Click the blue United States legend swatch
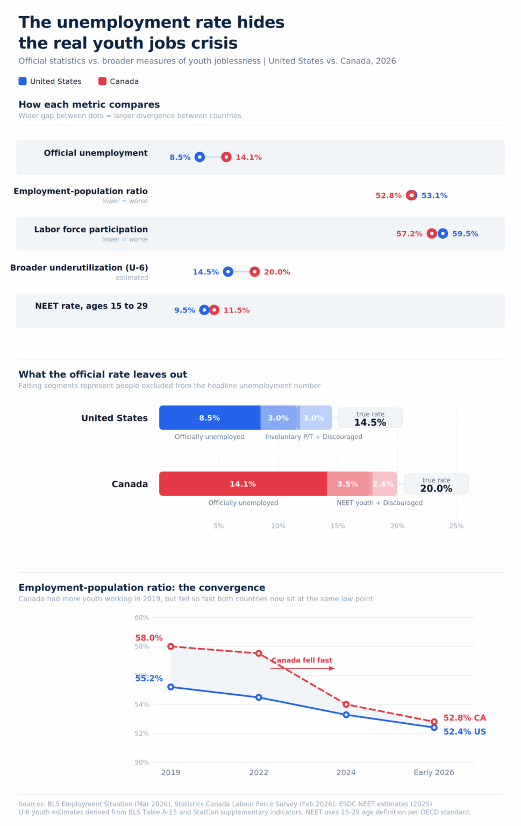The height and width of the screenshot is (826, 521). click(23, 81)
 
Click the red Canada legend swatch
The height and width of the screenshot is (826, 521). click(102, 81)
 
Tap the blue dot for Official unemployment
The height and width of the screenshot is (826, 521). click(199, 157)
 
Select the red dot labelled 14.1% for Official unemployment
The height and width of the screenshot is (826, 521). click(226, 157)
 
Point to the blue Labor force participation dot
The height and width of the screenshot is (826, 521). click(443, 233)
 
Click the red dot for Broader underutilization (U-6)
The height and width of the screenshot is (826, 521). click(255, 272)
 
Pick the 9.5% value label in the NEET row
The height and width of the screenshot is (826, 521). click(184, 310)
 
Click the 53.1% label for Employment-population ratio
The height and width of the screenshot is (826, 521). click(434, 195)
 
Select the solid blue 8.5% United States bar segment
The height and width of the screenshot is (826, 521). click(210, 418)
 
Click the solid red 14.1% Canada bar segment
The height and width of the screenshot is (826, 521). click(243, 484)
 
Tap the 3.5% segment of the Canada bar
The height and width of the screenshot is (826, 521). click(348, 484)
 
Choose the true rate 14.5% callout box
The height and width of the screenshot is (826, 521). click(370, 418)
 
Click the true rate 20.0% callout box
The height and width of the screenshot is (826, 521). click(436, 484)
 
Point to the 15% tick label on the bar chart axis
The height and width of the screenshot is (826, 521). click(338, 526)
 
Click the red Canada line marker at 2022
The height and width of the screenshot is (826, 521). click(259, 653)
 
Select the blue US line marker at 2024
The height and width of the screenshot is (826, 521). click(346, 715)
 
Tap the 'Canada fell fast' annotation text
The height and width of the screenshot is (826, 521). click(302, 660)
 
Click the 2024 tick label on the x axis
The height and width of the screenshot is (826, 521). click(346, 772)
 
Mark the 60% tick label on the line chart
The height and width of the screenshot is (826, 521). click(142, 617)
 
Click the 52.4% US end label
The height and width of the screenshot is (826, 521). click(465, 732)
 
